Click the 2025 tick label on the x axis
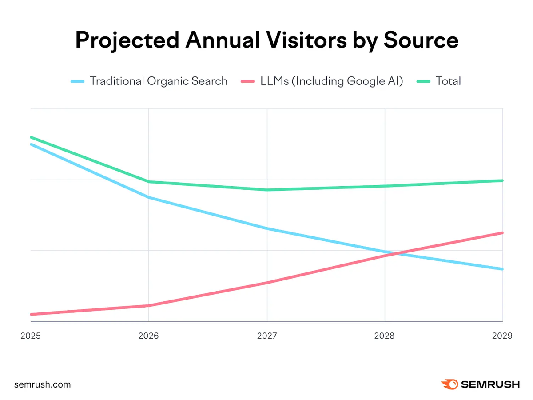point(31,336)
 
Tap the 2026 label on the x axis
point(148,336)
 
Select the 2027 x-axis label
point(267,336)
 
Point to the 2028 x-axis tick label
point(385,336)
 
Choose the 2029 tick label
point(502,336)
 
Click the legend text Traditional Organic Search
point(159,81)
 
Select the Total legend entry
point(448,81)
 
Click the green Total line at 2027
point(267,190)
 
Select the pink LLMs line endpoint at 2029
point(502,233)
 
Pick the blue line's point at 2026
point(148,197)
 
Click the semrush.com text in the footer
point(42,384)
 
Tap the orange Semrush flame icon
point(449,384)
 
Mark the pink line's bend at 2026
point(148,306)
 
